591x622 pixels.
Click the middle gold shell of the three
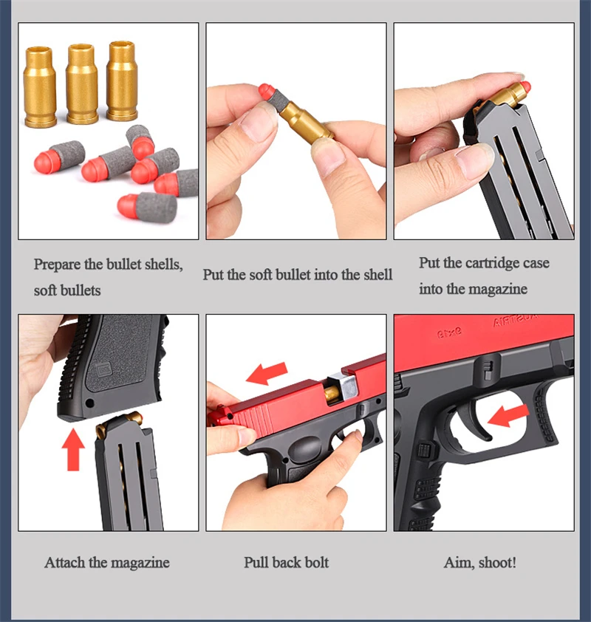(82, 84)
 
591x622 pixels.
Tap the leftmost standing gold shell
(40, 87)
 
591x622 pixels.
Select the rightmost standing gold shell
(122, 81)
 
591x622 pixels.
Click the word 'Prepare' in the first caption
(57, 264)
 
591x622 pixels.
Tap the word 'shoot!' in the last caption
(497, 562)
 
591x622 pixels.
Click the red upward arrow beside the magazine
(73, 450)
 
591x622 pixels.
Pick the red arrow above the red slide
(267, 373)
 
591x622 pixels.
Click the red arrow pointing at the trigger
(508, 415)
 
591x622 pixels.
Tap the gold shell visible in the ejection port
(332, 393)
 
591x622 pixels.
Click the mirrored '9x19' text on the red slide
(449, 332)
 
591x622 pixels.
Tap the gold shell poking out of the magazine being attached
(119, 421)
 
